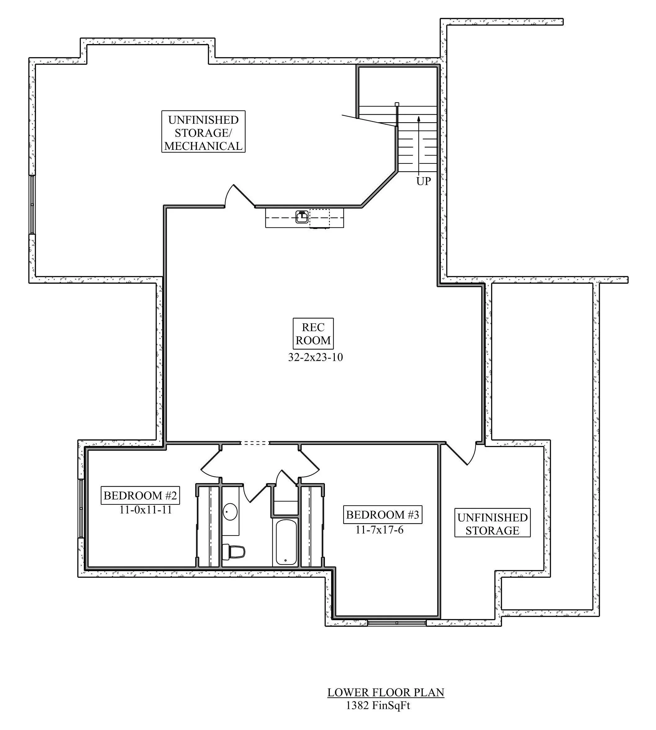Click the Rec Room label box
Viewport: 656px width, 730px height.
(313, 334)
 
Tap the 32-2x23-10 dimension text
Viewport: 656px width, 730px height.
(315, 357)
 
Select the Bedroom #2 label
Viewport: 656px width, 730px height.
(140, 495)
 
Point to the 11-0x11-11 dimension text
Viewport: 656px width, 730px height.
(146, 510)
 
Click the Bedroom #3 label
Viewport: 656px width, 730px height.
(383, 515)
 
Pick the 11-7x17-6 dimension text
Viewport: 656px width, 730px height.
(379, 530)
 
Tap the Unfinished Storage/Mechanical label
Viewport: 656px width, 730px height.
(203, 132)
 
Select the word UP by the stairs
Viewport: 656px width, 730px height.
(423, 181)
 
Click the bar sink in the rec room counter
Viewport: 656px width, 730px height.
(302, 217)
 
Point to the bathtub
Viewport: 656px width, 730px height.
(286, 542)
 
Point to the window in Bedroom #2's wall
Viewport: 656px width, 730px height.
(81, 508)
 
